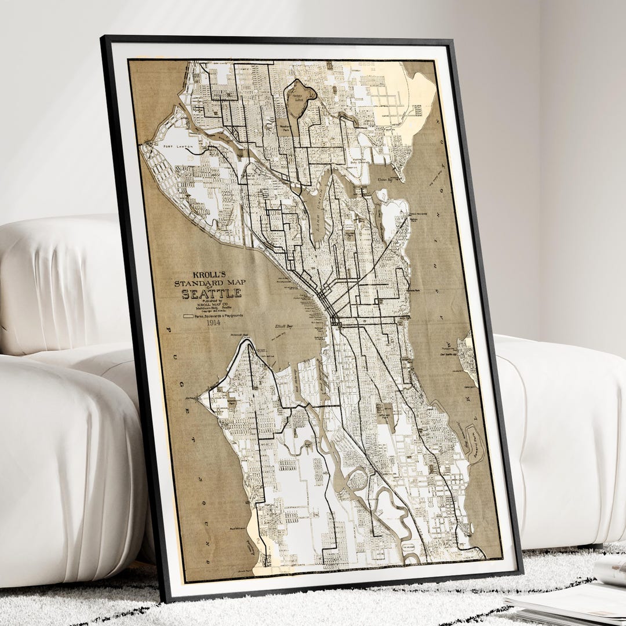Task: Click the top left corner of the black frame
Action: [103, 38]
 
